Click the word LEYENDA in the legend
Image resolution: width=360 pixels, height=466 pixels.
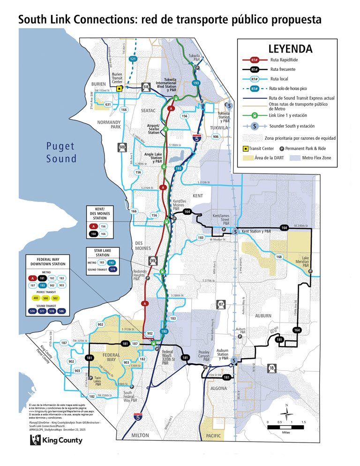(x=290, y=49)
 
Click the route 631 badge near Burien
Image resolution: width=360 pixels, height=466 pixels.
(x=108, y=104)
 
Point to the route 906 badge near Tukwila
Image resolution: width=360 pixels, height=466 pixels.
(x=215, y=137)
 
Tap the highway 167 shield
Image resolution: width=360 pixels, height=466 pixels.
(x=221, y=305)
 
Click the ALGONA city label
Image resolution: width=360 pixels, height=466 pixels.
(x=218, y=389)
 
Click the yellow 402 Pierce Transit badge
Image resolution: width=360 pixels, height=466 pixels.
(x=36, y=298)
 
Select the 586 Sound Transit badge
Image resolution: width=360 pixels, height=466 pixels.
(x=62, y=311)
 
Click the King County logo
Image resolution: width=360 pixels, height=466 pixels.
(x=56, y=440)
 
